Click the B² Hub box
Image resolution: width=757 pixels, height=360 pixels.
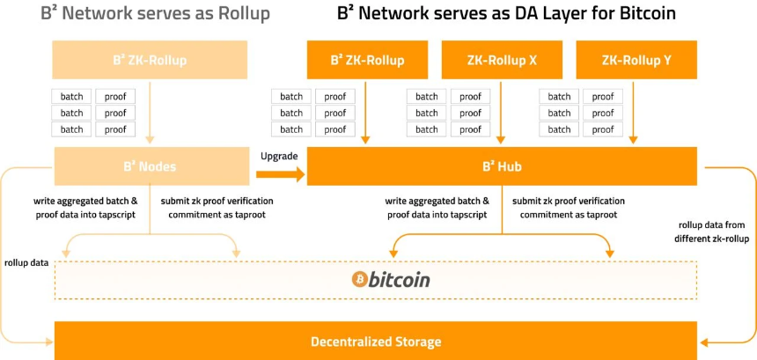point(502,166)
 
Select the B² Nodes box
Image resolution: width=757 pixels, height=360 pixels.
point(151,166)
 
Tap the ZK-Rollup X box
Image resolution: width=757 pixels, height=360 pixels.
point(502,60)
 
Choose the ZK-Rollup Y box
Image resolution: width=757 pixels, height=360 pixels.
point(636,60)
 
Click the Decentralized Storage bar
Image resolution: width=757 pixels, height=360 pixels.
point(376,342)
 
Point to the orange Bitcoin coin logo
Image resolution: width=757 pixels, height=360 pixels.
point(359,279)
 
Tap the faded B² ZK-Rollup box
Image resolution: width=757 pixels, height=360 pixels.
point(150,60)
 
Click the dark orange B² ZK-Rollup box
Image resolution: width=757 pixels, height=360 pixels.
point(367,60)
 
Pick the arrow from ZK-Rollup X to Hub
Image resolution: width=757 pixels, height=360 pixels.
point(501,113)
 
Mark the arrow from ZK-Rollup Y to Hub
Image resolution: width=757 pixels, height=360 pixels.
point(634,113)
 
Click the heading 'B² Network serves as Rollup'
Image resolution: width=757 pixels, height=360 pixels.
point(156,13)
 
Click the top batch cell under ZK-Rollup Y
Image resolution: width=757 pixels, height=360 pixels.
point(559,97)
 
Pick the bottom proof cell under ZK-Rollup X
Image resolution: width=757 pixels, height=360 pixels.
point(470,129)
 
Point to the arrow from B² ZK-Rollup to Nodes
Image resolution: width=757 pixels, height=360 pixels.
point(150,113)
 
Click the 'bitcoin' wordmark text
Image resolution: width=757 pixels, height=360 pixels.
point(399,280)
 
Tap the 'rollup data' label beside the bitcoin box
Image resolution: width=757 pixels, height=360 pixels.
point(26,263)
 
